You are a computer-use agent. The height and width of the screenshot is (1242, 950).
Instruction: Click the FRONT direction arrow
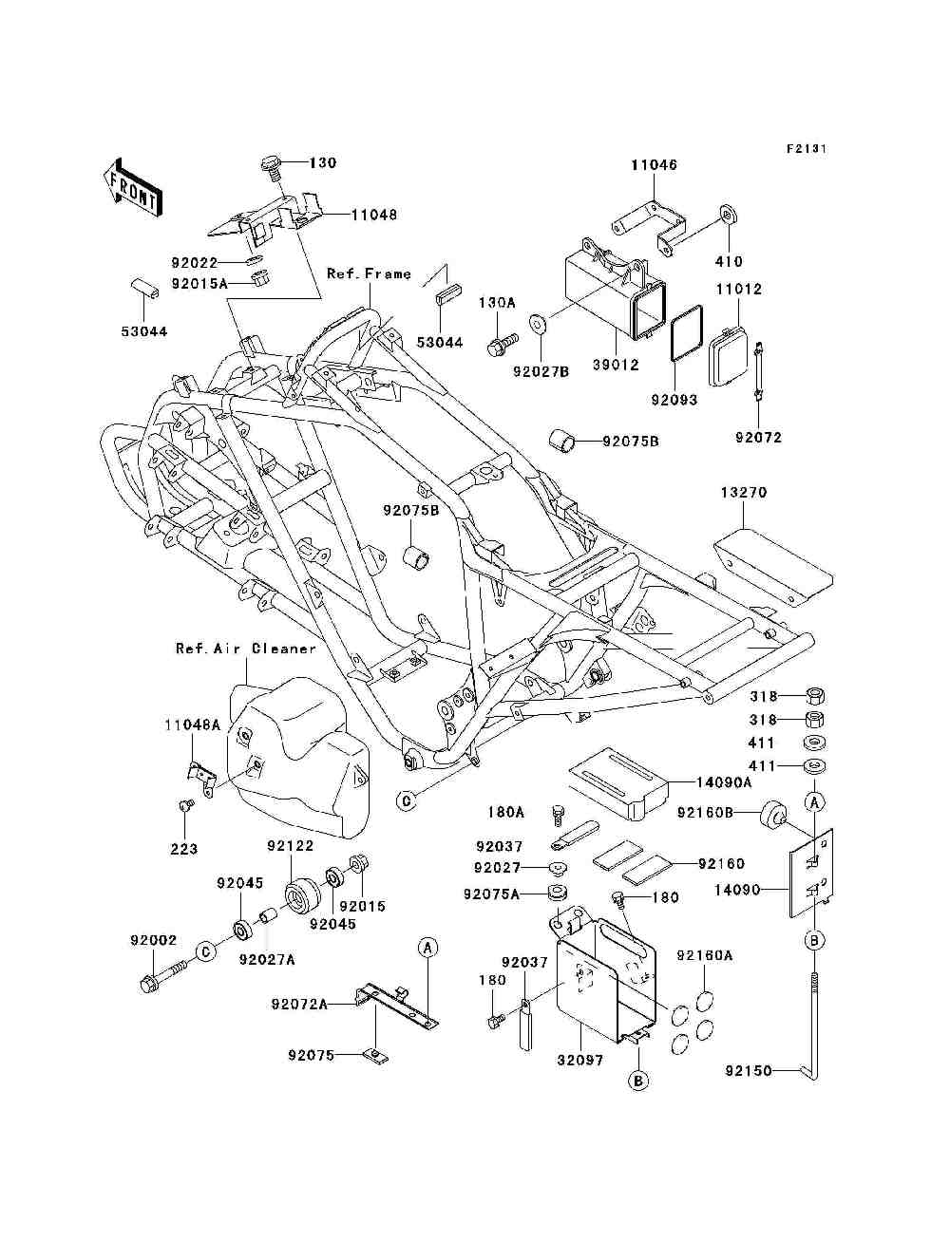pyautogui.click(x=133, y=186)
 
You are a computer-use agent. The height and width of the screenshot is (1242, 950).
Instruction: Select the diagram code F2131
pyautogui.click(x=807, y=149)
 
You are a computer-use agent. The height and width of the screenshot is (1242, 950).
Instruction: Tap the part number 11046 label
pyautogui.click(x=654, y=164)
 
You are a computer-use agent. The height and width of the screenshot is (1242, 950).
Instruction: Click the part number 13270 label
pyautogui.click(x=743, y=492)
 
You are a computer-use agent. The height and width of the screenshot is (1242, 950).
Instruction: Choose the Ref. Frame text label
pyautogui.click(x=370, y=273)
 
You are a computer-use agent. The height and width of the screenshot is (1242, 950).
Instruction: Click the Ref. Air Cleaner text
pyautogui.click(x=246, y=649)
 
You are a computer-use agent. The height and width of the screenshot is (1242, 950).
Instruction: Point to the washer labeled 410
pyautogui.click(x=729, y=216)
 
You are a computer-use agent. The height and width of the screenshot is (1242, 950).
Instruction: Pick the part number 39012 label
pyautogui.click(x=616, y=365)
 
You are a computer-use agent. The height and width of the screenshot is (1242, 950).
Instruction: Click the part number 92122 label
pyautogui.click(x=291, y=845)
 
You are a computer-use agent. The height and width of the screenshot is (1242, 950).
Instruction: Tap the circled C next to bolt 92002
pyautogui.click(x=206, y=951)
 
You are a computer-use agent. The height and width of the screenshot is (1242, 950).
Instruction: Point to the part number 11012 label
pyautogui.click(x=739, y=290)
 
